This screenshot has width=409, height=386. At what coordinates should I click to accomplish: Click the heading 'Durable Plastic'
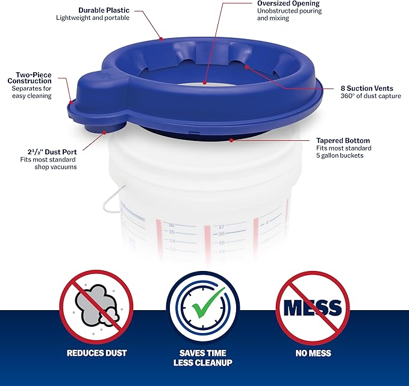point(104,10)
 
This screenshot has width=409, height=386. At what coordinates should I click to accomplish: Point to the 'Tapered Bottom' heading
point(343,140)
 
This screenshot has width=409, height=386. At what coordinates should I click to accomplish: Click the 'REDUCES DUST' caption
point(96,353)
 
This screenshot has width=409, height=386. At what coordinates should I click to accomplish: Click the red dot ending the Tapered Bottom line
point(231,141)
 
